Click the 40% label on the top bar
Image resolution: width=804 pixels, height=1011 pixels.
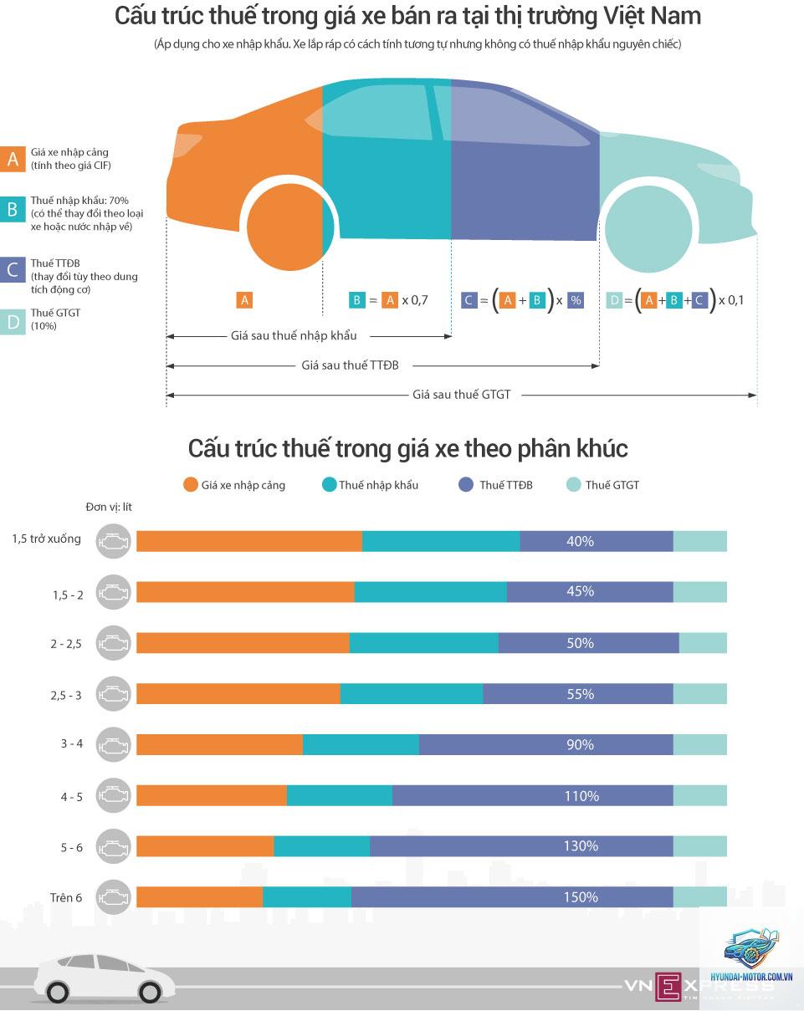[x=580, y=541]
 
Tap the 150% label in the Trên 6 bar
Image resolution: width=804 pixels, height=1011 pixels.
[x=581, y=896]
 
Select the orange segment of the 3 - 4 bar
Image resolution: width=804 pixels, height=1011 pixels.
[x=219, y=744]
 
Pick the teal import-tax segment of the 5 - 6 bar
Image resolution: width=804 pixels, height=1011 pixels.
[x=321, y=846]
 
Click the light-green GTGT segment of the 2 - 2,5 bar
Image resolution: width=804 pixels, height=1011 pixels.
[x=703, y=643]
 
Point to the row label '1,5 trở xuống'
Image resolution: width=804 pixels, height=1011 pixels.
[x=47, y=539]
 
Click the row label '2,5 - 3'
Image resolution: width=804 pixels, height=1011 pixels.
[x=66, y=695]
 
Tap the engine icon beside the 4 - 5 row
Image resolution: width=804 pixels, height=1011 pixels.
[x=113, y=795]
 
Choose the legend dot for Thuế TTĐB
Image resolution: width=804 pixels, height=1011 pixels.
[x=465, y=485]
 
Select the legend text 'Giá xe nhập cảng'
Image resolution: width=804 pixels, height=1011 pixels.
[x=243, y=485]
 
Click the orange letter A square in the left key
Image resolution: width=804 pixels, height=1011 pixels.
[x=13, y=159]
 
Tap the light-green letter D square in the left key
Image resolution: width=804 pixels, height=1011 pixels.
[x=13, y=322]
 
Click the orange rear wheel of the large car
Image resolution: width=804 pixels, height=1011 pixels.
[x=290, y=227]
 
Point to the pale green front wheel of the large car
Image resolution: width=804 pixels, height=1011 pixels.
[x=649, y=228]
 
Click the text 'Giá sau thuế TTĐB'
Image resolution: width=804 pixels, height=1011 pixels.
[x=351, y=365]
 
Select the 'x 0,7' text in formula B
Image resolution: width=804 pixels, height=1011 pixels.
[x=415, y=300]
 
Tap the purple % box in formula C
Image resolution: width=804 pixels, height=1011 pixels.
[x=576, y=300]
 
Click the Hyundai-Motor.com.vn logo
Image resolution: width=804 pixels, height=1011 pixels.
[x=750, y=957]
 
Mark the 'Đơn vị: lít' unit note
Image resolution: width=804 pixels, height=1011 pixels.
[x=109, y=508]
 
